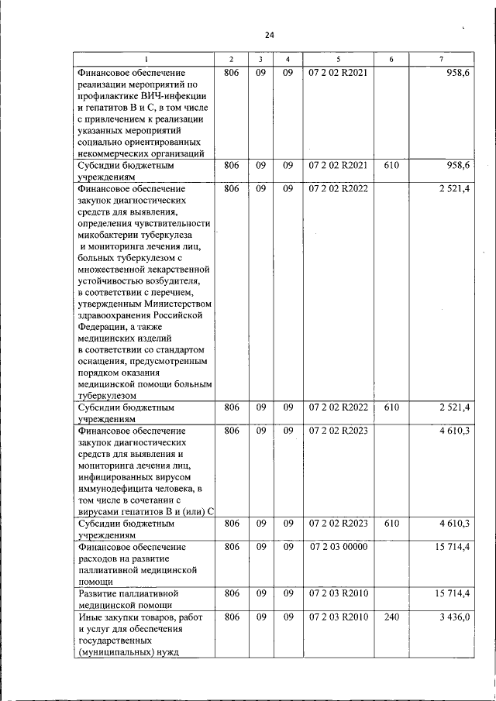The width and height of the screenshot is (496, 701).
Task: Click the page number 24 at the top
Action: pos(269,35)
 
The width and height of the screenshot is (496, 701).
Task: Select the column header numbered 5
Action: pos(338,60)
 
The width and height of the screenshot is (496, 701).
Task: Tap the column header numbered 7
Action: pos(441,60)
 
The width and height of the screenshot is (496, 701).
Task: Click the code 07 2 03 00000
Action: pos(338,547)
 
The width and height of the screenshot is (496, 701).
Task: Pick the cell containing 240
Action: pos(391,617)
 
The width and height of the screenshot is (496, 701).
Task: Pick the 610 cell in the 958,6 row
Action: pos(391,166)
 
